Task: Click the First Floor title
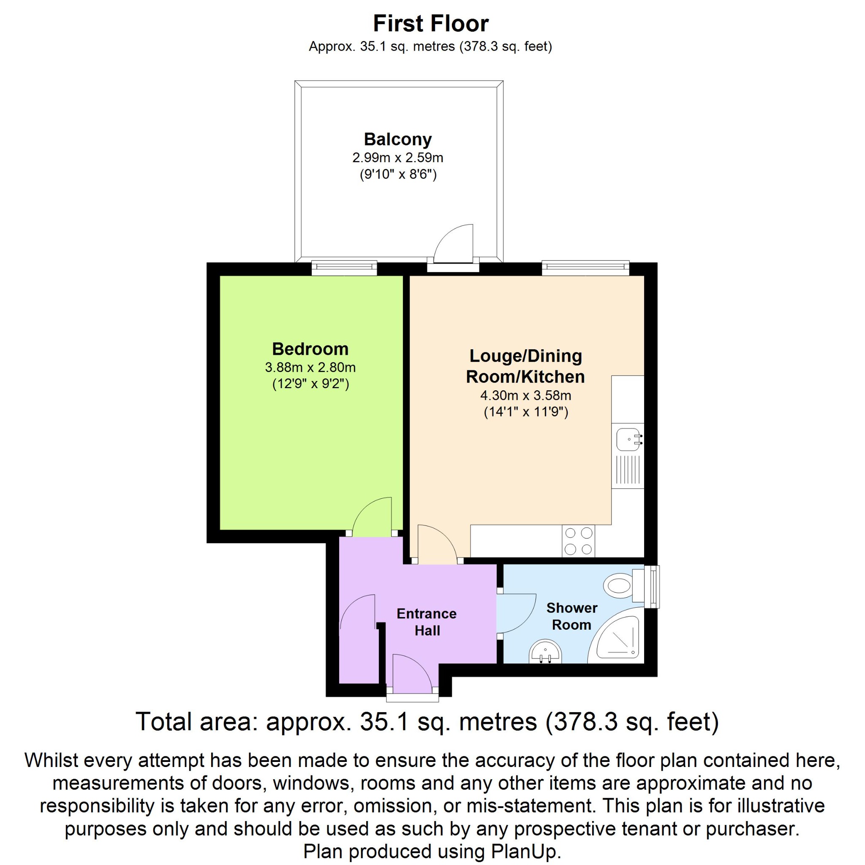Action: (x=430, y=24)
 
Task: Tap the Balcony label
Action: (x=397, y=139)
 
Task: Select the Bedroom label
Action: (x=310, y=349)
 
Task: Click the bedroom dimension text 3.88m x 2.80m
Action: (x=310, y=367)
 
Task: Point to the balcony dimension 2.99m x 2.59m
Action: (x=397, y=158)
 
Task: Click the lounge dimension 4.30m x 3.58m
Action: (x=525, y=395)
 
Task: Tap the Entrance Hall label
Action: (x=427, y=622)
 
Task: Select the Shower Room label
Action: (x=572, y=616)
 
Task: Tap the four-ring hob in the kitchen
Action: (x=579, y=541)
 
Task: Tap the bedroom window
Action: (x=344, y=268)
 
